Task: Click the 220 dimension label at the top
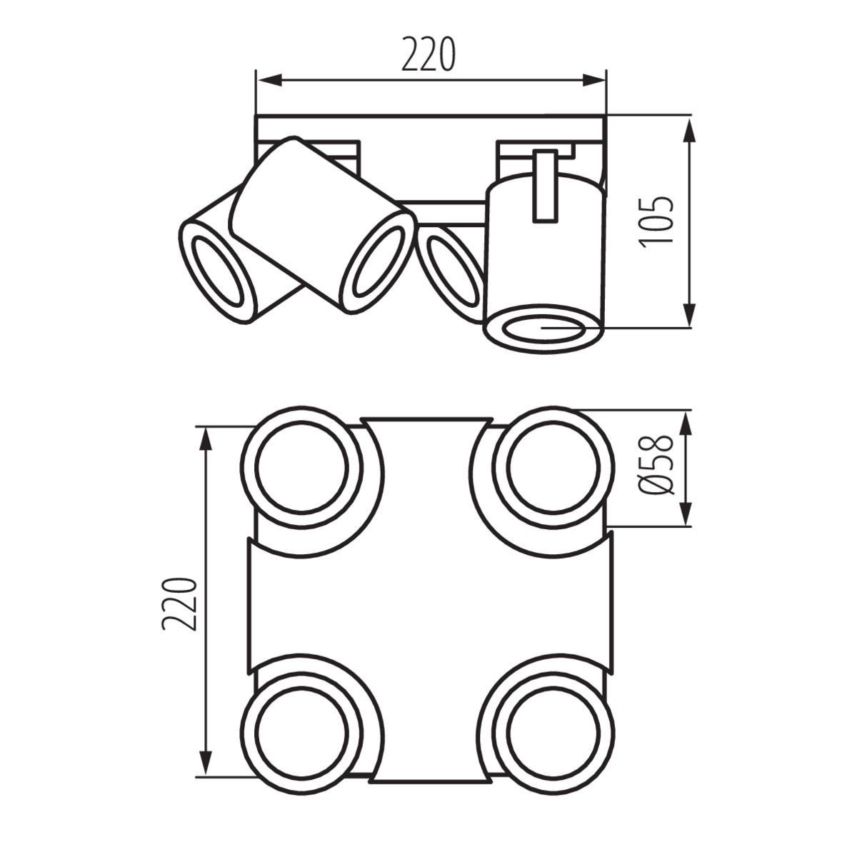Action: (x=428, y=55)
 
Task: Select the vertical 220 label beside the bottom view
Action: (x=179, y=603)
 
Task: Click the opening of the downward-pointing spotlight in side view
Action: (x=543, y=329)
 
